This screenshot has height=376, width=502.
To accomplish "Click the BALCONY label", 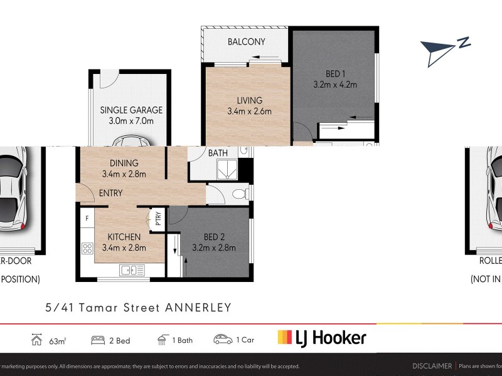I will point(246,42).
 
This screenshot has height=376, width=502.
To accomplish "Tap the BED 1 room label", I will point(335,72).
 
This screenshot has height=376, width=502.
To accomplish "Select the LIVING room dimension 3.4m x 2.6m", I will point(249,112).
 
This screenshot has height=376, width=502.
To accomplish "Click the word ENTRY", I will point(110,193).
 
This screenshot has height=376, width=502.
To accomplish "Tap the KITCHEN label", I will point(124,236).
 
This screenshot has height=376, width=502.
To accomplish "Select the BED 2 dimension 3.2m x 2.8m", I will point(214,248).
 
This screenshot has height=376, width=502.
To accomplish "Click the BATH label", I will point(218,153).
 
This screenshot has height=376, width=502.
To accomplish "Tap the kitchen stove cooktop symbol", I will point(87,248).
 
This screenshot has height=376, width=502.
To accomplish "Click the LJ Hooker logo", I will point(321,338).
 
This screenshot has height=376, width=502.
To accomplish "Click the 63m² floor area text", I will point(58,341).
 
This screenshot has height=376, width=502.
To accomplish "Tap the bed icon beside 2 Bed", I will point(98,340).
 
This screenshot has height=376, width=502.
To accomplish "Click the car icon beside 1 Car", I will point(222,340).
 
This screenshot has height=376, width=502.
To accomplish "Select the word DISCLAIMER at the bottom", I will point(432,366).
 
